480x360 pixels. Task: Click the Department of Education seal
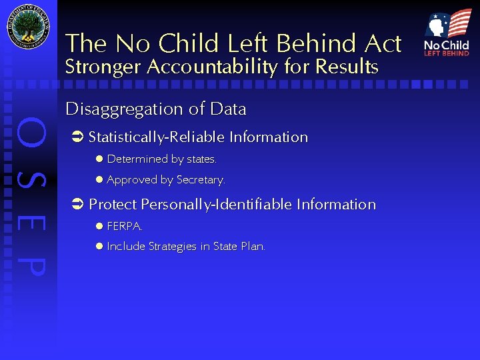pos(28,29)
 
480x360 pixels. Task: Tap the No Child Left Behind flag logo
pos(447,33)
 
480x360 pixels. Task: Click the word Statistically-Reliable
pos(157,137)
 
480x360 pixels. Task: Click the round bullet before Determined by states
pos(98,159)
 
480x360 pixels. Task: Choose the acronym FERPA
pos(125,226)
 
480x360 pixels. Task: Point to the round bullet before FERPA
pos(98,226)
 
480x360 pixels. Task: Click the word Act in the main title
pos(383,44)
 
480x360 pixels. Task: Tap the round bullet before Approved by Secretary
pos(98,179)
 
